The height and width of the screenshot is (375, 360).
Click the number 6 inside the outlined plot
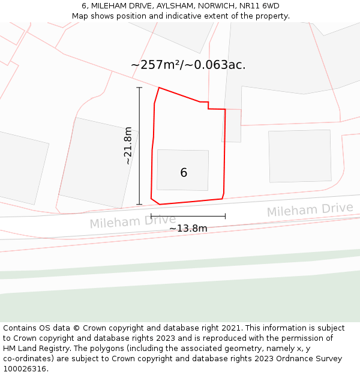pos(184,173)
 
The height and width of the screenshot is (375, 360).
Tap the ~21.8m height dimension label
pos(127,146)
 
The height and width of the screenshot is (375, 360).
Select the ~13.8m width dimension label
pos(188,229)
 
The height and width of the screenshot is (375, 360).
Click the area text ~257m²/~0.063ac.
pos(188,65)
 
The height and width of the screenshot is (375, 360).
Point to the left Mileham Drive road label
pos(133,221)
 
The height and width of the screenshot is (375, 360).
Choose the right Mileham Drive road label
pos(310,210)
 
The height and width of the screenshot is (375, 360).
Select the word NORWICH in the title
pos(218,6)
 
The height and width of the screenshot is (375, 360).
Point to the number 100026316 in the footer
pos(25,368)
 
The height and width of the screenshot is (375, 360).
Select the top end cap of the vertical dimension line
pos(139,88)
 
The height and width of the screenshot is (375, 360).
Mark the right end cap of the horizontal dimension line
pos(225,216)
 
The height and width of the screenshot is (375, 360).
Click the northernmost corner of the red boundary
pos(159,88)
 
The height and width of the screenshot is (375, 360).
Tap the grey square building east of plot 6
pos(299,155)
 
